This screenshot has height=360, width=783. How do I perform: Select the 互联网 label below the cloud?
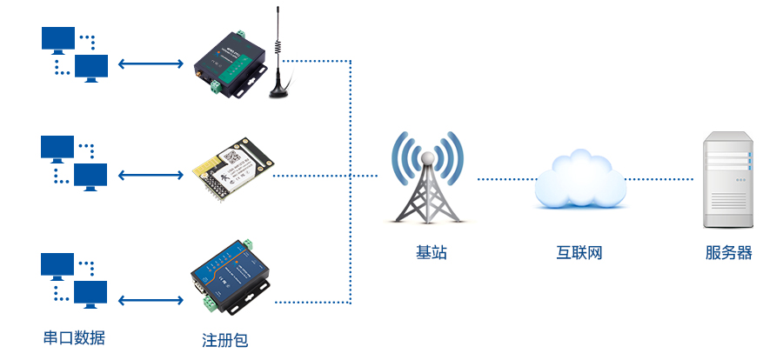[x=579, y=253]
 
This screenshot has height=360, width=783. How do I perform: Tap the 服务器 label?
[x=728, y=253]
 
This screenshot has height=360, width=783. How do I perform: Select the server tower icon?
[x=728, y=180]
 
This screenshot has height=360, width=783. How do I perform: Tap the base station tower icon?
[x=427, y=183]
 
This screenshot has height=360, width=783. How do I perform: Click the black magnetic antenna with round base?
[x=279, y=65]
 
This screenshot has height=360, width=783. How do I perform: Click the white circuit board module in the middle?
[x=231, y=167]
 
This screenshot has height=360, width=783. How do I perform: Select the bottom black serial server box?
[x=229, y=279]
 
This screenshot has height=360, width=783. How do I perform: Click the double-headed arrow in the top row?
[x=151, y=63]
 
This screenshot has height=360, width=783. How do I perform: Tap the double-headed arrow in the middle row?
[x=151, y=175]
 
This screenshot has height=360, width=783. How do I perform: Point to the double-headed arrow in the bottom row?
[x=151, y=301]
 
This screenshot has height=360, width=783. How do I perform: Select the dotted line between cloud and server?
[x=659, y=179]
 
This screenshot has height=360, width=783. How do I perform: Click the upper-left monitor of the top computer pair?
[x=58, y=39]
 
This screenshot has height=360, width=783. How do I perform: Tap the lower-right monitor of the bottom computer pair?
[x=90, y=293]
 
